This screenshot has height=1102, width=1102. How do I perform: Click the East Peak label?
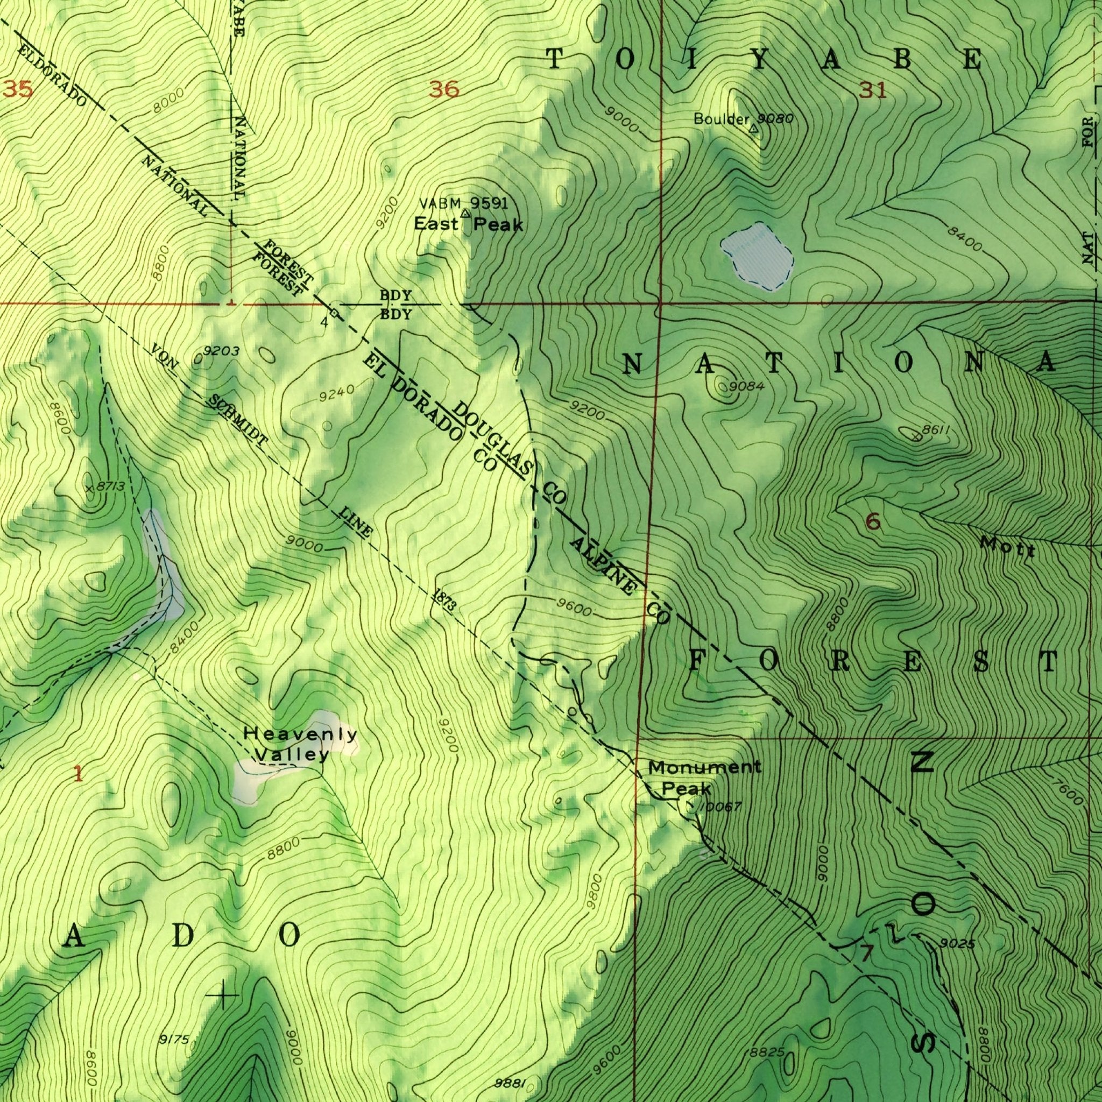click(468, 225)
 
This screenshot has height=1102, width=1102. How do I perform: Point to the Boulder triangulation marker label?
click(721, 119)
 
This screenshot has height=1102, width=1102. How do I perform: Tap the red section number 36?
click(445, 90)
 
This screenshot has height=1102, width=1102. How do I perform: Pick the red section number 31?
click(873, 90)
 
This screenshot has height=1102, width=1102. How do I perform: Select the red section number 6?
click(872, 521)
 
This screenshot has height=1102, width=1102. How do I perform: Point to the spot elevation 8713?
click(110, 486)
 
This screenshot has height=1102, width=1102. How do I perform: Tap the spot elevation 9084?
click(747, 387)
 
